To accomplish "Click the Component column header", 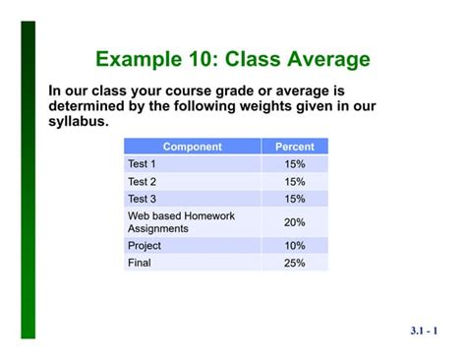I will pos(193,147).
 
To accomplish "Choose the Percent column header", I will pos(295,147).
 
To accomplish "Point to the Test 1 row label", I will pos(143,163).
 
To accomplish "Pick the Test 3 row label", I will pos(143,199).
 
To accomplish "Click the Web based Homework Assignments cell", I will pos(181,222).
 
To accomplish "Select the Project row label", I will pos(145,245).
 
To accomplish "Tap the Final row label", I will pos(140,263).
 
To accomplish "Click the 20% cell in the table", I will pos(295,222).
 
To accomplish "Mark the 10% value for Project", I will pos(295,245).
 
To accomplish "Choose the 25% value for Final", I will pos(295,263).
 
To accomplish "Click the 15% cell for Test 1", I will pos(295,163).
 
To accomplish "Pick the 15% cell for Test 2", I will pos(295,181).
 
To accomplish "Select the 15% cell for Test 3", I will pos(295,199).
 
